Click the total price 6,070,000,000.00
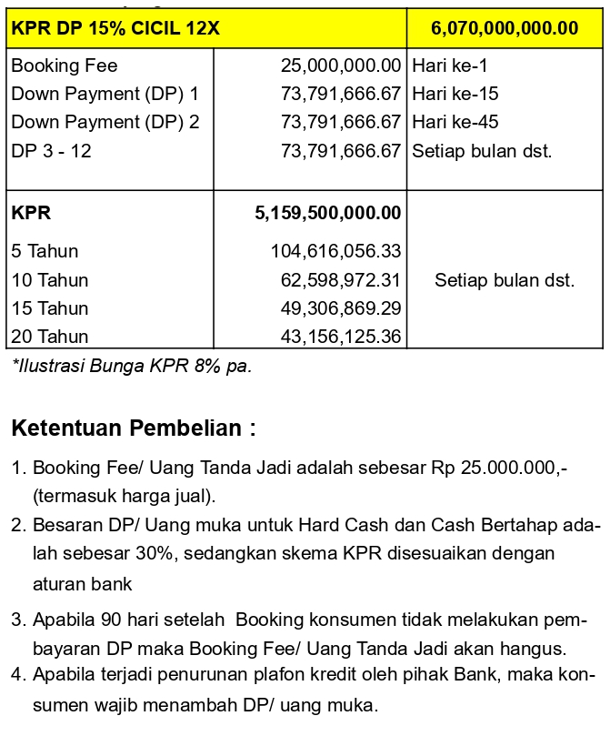pos(505,28)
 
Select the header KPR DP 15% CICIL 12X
pos(115,28)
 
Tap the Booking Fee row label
pos(65,66)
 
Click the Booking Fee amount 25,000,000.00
pos(341,66)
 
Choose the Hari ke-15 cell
pos(455,94)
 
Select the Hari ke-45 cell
pos(455,122)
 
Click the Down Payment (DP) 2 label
pos(105,122)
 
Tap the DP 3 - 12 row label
pos(52,150)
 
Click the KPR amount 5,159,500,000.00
pos(328,214)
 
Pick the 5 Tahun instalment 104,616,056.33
pos(336,251)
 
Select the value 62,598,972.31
pos(341,279)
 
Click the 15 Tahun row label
pos(50,308)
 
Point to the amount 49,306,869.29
pos(341,308)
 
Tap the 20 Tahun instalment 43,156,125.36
pos(341,337)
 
